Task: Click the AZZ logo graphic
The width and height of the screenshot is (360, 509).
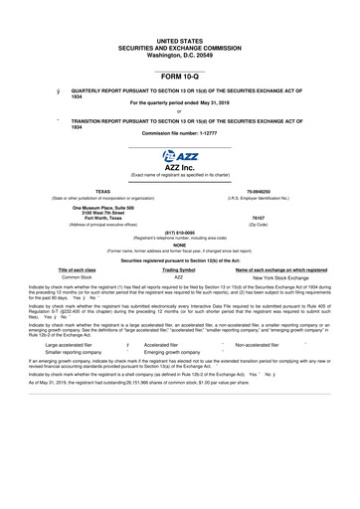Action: coord(179,156)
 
